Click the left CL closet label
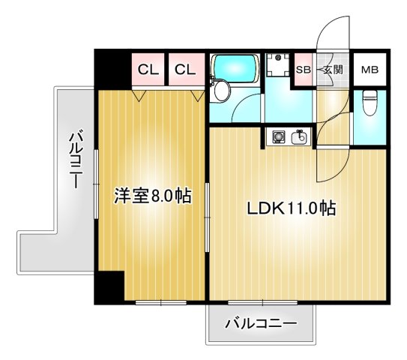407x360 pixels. pos(148,70)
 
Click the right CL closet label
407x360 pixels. pos(185,70)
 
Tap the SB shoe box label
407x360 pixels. pos(304,70)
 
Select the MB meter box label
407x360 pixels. pos(370,70)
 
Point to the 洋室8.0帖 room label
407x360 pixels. pos(151,196)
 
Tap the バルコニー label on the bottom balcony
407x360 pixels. pos(261,324)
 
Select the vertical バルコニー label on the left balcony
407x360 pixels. pos(76,159)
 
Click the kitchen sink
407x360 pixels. pos(301,137)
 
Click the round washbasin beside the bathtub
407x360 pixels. pos(222,91)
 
